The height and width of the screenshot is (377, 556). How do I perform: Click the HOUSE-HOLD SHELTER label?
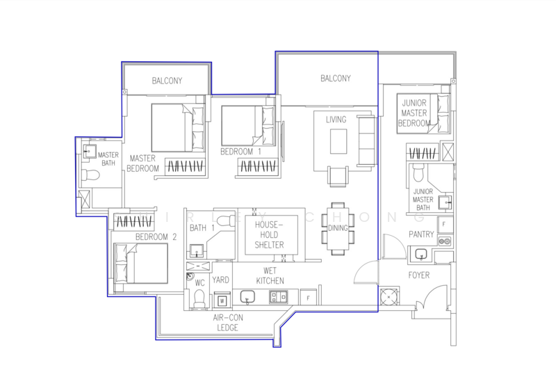(269, 234)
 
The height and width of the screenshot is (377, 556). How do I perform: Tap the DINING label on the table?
(338, 228)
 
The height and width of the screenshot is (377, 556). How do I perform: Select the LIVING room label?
(336, 120)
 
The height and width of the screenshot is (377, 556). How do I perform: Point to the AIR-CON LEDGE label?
(228, 323)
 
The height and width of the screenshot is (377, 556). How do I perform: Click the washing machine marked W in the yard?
(222, 300)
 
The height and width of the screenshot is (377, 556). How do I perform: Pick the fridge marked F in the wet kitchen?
(308, 298)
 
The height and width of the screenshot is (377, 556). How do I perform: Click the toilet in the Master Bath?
(90, 175)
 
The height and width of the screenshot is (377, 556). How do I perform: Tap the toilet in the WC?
(199, 298)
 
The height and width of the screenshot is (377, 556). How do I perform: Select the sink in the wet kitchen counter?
(247, 296)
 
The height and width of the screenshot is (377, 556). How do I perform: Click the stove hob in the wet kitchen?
(279, 297)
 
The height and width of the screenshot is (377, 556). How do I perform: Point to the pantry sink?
(421, 255)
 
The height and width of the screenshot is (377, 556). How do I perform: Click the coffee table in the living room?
(338, 141)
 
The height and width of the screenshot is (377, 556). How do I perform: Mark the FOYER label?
(419, 275)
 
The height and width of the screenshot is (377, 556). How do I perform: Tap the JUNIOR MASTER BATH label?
(423, 200)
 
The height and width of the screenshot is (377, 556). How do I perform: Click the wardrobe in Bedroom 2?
(134, 222)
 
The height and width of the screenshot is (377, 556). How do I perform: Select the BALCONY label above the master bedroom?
(167, 81)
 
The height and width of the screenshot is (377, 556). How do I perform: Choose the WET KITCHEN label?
(270, 276)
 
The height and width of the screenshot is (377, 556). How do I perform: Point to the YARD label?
(220, 280)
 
